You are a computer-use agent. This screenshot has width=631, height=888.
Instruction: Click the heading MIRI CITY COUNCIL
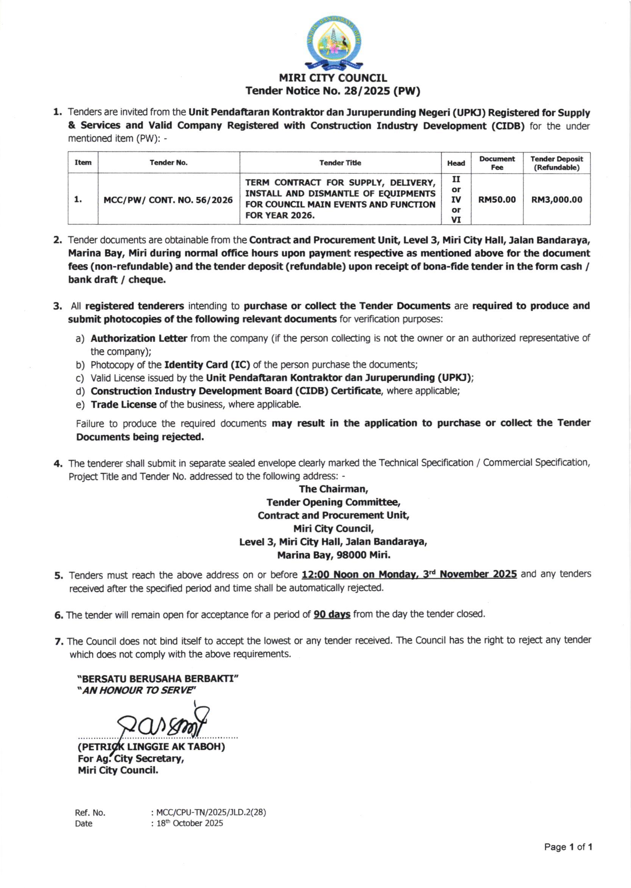pos(333,78)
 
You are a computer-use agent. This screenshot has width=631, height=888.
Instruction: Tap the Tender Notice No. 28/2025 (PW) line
pos(333,91)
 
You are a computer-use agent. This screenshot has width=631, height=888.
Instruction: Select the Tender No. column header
pos(169,163)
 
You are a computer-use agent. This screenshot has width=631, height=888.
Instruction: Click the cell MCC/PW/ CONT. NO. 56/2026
pos(168,200)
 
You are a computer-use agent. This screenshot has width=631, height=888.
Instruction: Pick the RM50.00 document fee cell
pos(497,200)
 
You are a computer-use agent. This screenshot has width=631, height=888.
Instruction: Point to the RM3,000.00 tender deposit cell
pos(556,200)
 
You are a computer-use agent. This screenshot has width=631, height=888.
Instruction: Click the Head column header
pos(456,163)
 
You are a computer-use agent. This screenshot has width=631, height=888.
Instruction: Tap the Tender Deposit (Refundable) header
pos(556,163)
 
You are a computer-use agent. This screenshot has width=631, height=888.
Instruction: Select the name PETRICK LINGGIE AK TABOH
pos(152,747)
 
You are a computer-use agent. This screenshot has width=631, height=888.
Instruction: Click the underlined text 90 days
pos(332,614)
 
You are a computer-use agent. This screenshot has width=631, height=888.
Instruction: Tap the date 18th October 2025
pos(190,823)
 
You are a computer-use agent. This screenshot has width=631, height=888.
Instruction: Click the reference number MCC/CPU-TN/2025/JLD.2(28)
pos(211,812)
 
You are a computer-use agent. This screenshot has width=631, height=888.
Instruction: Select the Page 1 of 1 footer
pos(568,847)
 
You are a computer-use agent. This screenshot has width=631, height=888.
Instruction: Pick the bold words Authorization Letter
pos(139,338)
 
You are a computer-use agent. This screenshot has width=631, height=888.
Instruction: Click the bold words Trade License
pos(123,404)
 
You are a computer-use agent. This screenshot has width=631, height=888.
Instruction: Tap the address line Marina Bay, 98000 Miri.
pos(334,555)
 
